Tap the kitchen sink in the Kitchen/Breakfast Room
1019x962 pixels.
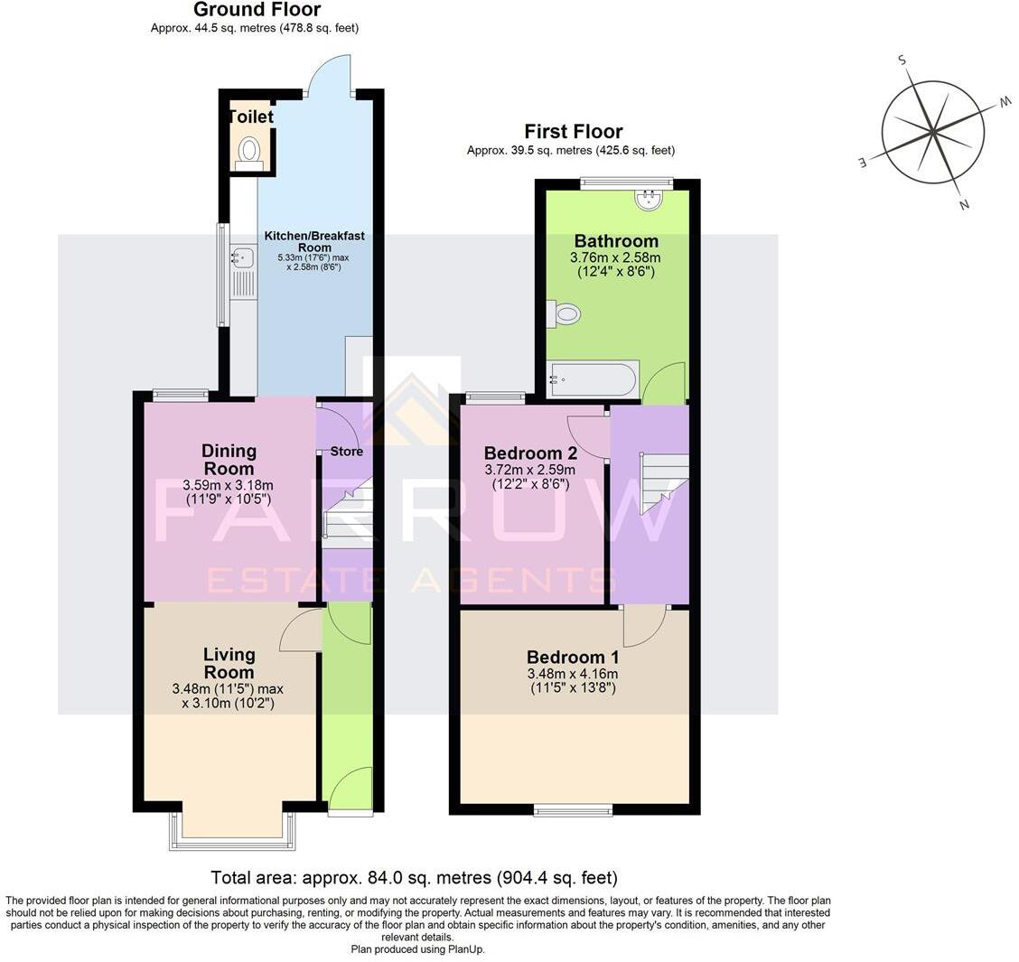pyautogui.click(x=242, y=259)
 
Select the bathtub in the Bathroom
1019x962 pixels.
pyautogui.click(x=593, y=378)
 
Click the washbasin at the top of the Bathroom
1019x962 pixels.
pyautogui.click(x=649, y=199)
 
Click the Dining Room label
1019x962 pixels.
pyautogui.click(x=229, y=460)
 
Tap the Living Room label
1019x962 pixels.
pyautogui.click(x=229, y=663)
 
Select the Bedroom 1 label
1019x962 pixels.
pyautogui.click(x=573, y=657)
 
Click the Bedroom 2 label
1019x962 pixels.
pyautogui.click(x=529, y=453)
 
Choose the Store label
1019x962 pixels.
pyautogui.click(x=347, y=452)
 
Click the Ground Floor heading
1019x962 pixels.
pyautogui.click(x=257, y=10)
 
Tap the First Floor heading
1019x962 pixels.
pyautogui.click(x=574, y=132)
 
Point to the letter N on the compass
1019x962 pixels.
pyautogui.click(x=964, y=205)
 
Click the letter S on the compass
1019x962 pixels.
pyautogui.click(x=901, y=60)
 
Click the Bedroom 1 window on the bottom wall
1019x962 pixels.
pyautogui.click(x=573, y=810)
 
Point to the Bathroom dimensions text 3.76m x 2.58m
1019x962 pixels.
pyautogui.click(x=616, y=257)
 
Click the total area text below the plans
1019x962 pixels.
pyautogui.click(x=414, y=877)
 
